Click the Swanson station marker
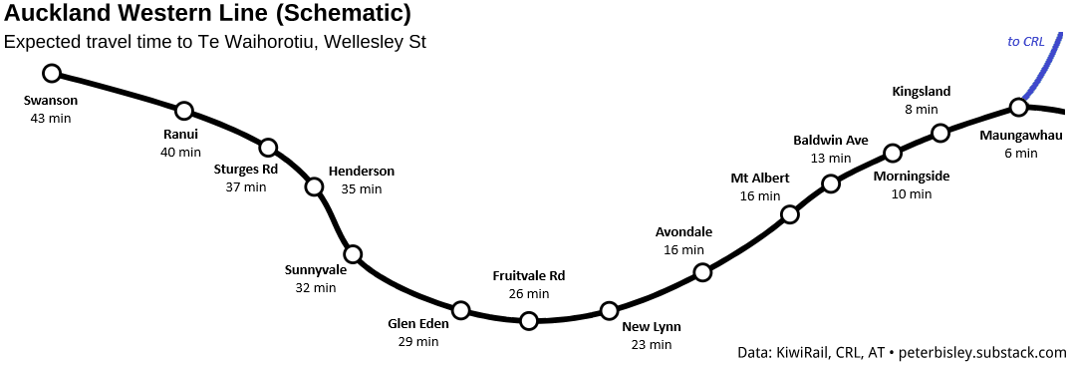click(52, 73)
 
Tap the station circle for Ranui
click(183, 111)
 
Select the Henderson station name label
click(362, 172)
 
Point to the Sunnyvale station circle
click(353, 253)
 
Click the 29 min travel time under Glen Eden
click(418, 341)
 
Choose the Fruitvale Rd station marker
click(529, 320)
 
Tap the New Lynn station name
click(652, 326)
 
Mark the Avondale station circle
click(702, 272)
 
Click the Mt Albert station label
click(760, 179)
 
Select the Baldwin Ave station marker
click(831, 183)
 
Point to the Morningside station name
click(912, 177)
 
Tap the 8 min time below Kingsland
click(922, 109)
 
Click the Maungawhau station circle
click(1018, 107)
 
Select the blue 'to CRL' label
click(1026, 42)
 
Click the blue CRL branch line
click(1044, 70)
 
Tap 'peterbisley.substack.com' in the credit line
click(982, 352)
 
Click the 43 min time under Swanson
click(51, 118)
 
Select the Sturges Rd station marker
click(268, 148)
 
